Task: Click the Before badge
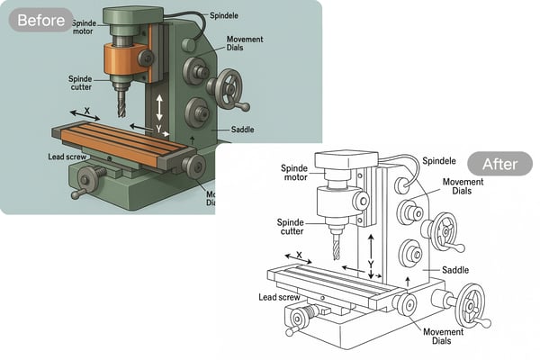coord(40,20)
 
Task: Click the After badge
coord(499,164)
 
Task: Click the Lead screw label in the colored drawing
coord(67,157)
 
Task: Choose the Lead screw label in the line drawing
coord(280,297)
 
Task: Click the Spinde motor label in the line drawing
coord(294,173)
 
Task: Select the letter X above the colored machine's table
coord(86,111)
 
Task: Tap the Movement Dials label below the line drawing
coord(443,336)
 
